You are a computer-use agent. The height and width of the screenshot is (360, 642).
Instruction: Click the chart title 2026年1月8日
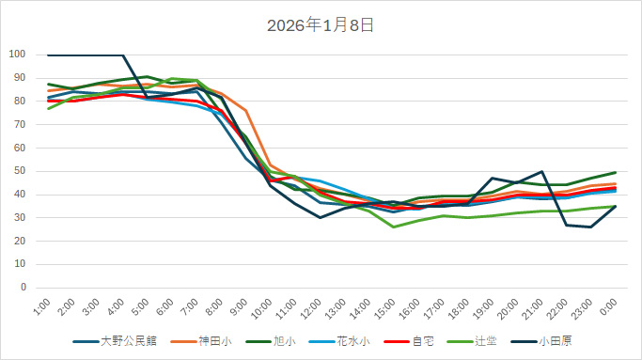point(321,25)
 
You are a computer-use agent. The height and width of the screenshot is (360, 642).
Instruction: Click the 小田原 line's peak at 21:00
point(541,172)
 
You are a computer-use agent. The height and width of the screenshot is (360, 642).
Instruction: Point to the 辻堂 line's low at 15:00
point(394,227)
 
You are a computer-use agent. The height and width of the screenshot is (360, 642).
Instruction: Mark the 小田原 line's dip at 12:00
point(320,217)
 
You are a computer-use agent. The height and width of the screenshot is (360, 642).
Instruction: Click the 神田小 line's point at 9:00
point(245,111)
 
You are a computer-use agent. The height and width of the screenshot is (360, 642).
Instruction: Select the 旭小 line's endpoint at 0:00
point(616,173)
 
